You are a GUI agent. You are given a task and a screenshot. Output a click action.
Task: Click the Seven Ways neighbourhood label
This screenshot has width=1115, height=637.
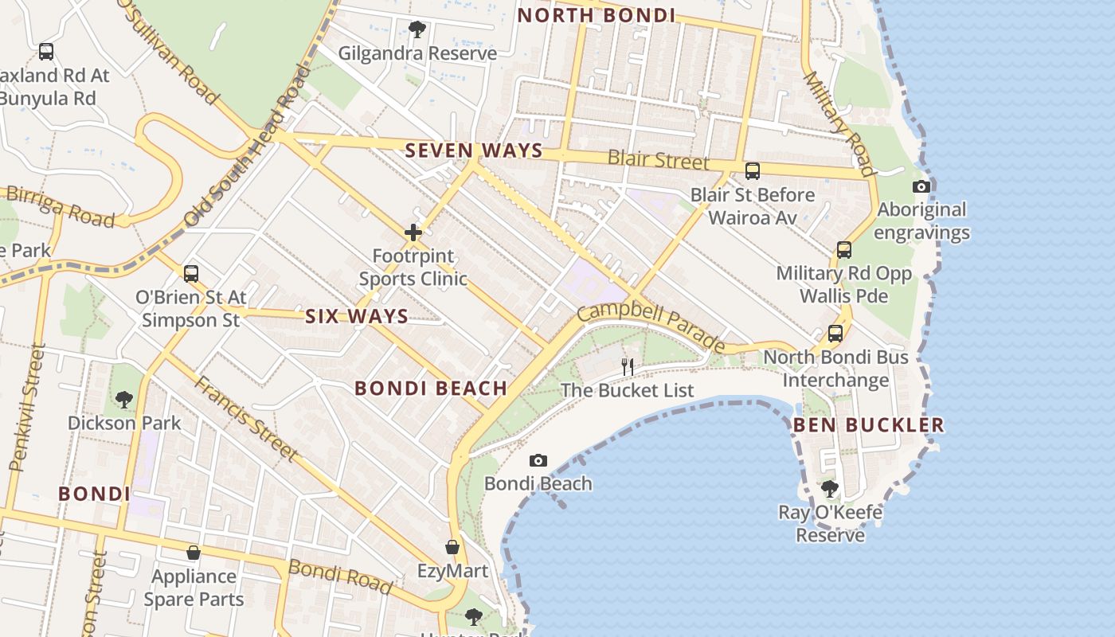474,150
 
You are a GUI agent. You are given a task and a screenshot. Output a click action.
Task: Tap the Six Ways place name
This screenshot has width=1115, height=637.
357,316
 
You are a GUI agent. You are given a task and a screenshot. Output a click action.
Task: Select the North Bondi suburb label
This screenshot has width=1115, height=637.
597,15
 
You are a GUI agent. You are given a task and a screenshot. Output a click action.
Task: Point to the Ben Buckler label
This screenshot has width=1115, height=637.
868,424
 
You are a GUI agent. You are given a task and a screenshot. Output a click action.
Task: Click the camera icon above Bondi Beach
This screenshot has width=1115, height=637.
538,460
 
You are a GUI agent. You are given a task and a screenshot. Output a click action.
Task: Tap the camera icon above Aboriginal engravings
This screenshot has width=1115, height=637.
921,186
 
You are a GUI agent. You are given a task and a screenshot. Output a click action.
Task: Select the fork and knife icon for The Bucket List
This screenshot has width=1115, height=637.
628,367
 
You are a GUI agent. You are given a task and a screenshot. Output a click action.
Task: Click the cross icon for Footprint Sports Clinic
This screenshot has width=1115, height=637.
413,233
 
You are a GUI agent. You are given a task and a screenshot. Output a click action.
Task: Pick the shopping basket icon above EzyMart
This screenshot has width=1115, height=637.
452,548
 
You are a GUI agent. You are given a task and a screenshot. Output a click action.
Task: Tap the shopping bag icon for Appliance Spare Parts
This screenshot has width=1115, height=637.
193,553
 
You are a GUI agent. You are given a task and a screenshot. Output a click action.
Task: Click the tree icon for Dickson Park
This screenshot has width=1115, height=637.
123,399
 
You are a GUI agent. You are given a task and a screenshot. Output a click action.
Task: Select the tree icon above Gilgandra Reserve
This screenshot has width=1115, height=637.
417,30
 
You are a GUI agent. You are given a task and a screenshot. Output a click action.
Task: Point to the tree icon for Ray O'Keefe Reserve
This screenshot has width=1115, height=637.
830,488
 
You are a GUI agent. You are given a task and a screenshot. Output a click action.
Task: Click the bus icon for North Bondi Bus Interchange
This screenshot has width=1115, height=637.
835,334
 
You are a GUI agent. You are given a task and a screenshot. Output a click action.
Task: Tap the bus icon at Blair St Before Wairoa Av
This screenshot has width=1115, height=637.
752,171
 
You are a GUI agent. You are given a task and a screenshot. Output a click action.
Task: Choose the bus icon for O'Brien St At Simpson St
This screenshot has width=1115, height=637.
190,274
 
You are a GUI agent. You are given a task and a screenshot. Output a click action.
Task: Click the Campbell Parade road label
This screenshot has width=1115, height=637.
651,325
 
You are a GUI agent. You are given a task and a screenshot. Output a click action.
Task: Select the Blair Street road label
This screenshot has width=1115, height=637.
658,159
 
